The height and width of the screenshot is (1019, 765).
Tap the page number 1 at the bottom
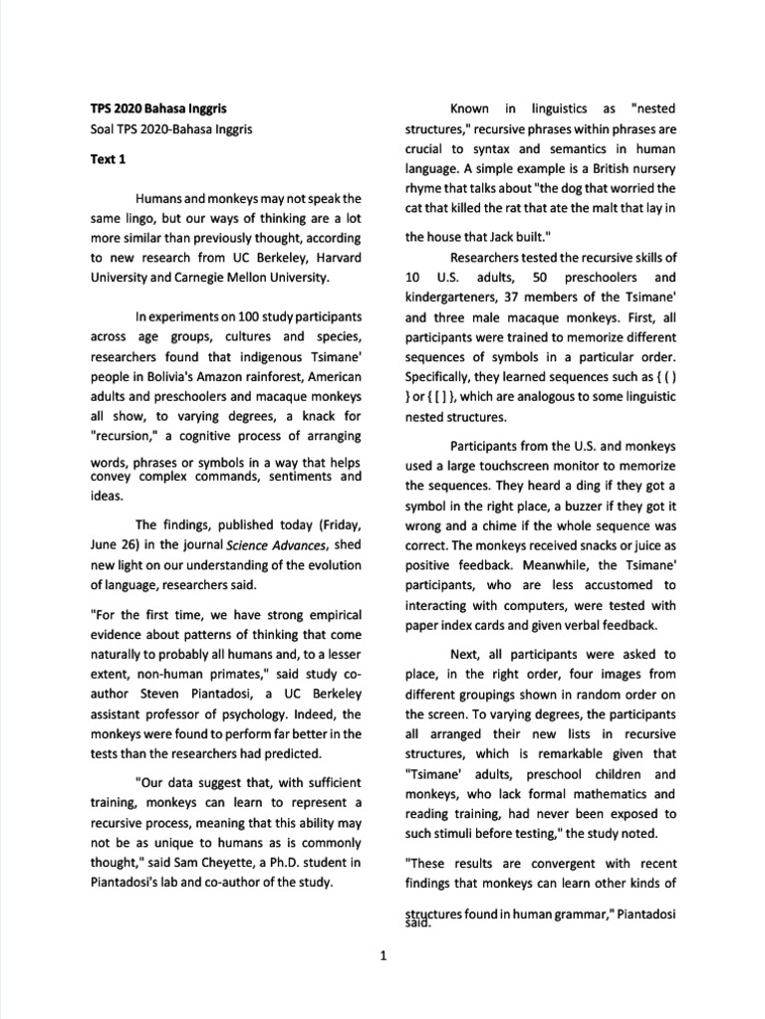click(382, 957)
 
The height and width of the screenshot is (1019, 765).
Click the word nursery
click(652, 168)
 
